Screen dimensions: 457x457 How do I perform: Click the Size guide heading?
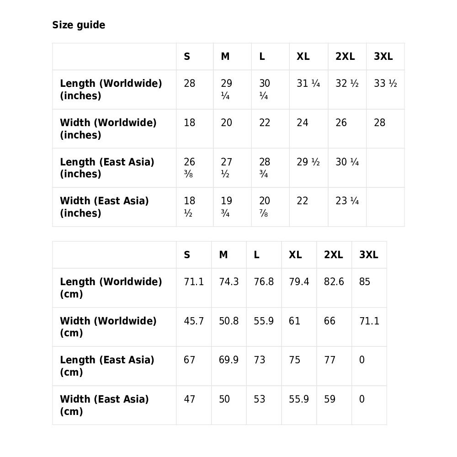[x=79, y=25]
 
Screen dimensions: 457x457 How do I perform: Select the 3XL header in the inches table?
[x=383, y=57]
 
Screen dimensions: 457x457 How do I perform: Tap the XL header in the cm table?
[x=295, y=255]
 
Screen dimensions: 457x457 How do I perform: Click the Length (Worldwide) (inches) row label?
[x=111, y=90]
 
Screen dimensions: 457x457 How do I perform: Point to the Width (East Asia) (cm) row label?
[x=104, y=405]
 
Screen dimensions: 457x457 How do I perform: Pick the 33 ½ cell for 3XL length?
[x=385, y=84]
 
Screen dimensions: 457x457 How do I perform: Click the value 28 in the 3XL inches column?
[x=379, y=123]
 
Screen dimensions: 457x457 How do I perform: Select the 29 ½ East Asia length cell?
[x=308, y=162]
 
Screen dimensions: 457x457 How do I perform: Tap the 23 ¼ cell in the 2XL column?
[x=347, y=201]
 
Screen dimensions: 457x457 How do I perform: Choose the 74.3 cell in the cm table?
[x=228, y=282]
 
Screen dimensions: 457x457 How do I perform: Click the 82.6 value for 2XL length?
[x=334, y=282]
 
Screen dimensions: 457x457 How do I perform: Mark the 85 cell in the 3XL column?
[x=365, y=282]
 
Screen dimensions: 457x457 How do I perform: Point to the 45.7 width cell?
[x=194, y=321]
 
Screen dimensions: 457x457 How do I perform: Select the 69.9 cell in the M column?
[x=228, y=360]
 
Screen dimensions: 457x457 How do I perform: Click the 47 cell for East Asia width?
[x=189, y=399]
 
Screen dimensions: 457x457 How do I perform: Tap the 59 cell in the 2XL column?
[x=329, y=399]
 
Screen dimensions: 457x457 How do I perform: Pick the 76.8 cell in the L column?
[x=264, y=282]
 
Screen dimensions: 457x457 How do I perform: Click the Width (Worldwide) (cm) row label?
[x=108, y=327]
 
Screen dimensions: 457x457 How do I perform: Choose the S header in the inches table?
[x=187, y=57]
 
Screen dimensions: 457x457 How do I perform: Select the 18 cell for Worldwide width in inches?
[x=189, y=123]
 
